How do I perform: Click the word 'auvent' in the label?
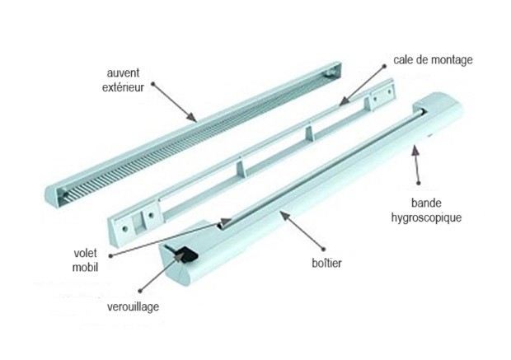[x=123, y=73]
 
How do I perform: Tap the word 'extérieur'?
[x=123, y=87]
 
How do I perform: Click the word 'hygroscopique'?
[x=426, y=217]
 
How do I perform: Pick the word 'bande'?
[x=426, y=203]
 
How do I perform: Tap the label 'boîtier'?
[x=326, y=263]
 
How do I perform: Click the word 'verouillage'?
[x=133, y=307]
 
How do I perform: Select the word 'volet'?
[x=86, y=253]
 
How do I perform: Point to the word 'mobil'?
[x=85, y=267]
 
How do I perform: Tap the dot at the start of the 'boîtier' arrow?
[x=323, y=250]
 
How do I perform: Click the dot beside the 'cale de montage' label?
[x=384, y=66]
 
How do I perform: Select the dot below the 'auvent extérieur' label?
[x=152, y=84]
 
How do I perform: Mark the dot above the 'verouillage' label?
[x=140, y=291]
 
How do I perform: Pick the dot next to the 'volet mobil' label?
[x=110, y=256]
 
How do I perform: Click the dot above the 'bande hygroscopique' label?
[x=419, y=184]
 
